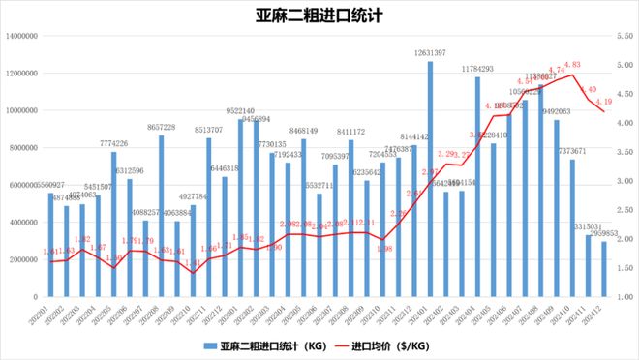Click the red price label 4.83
pyautogui.click(x=572, y=64)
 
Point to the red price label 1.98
pyautogui.click(x=383, y=249)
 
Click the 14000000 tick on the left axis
pyautogui.click(x=22, y=36)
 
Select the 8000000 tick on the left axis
pyautogui.click(x=24, y=148)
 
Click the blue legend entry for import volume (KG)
pyautogui.click(x=261, y=345)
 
